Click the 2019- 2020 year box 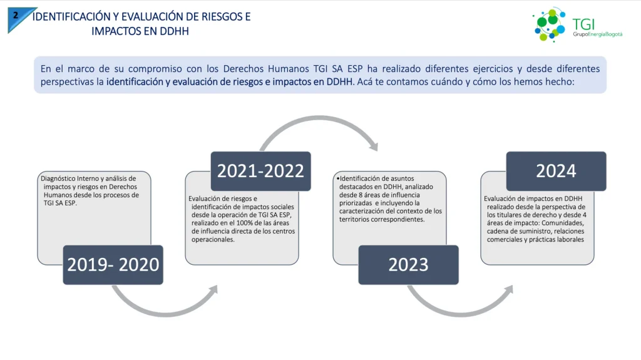[113, 265]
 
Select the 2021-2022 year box [261, 171]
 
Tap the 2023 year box [408, 265]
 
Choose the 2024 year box [556, 171]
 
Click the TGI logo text [583, 24]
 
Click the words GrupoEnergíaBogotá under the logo [597, 34]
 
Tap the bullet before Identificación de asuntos [338, 178]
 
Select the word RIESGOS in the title [220, 17]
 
